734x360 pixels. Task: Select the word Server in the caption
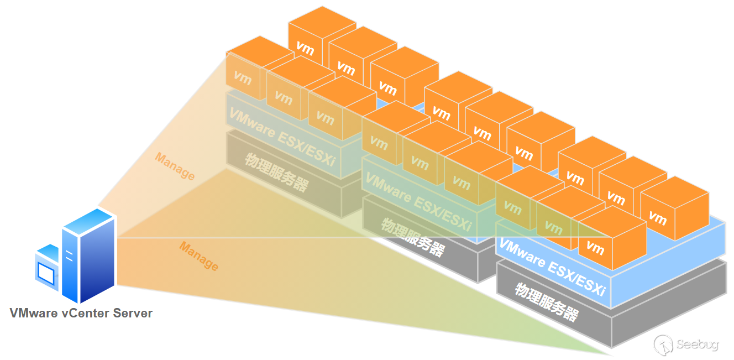pos(133,313)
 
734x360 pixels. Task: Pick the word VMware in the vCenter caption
pos(33,313)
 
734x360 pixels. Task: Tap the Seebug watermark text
pos(698,345)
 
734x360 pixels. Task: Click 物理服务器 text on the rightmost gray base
pos(547,302)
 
